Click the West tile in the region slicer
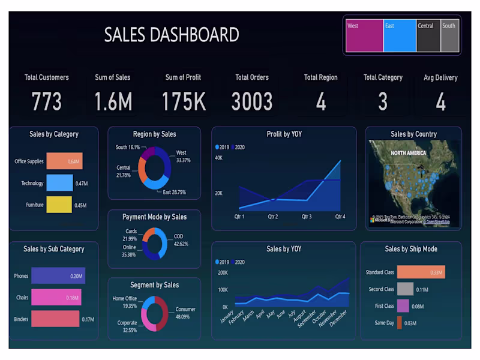coord(364,35)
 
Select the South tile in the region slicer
coord(449,35)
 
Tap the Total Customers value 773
coord(46,101)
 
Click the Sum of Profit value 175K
coord(183,101)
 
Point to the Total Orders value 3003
coord(252,101)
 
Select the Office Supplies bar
coord(64,161)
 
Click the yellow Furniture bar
coord(59,205)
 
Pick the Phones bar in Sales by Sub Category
coord(58,276)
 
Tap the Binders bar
coord(55,319)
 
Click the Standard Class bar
coord(421,272)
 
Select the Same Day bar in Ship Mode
coord(399,323)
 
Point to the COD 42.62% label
coord(181,240)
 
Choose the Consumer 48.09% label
coord(185,313)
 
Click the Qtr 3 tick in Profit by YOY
coord(307,216)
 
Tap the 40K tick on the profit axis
coord(218,158)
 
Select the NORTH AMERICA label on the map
coord(409,153)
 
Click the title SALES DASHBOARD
coord(172,34)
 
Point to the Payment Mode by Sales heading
coord(154,217)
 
